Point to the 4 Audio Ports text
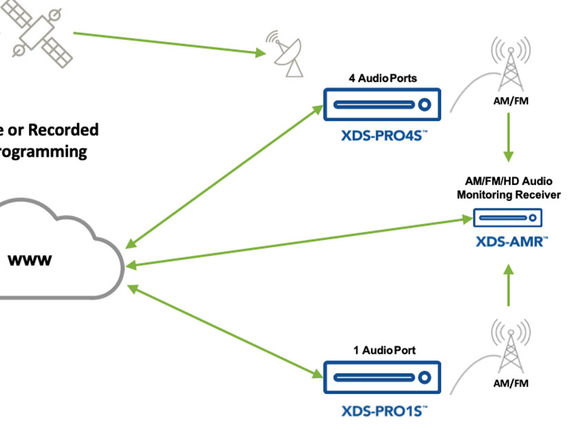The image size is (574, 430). [x=382, y=78]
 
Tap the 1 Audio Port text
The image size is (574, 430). [x=382, y=350]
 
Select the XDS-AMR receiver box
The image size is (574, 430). [x=508, y=219]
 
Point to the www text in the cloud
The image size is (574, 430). [x=32, y=261]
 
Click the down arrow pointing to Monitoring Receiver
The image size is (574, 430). [x=509, y=136]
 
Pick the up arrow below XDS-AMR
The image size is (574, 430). [x=509, y=286]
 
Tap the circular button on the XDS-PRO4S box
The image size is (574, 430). [x=425, y=105]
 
